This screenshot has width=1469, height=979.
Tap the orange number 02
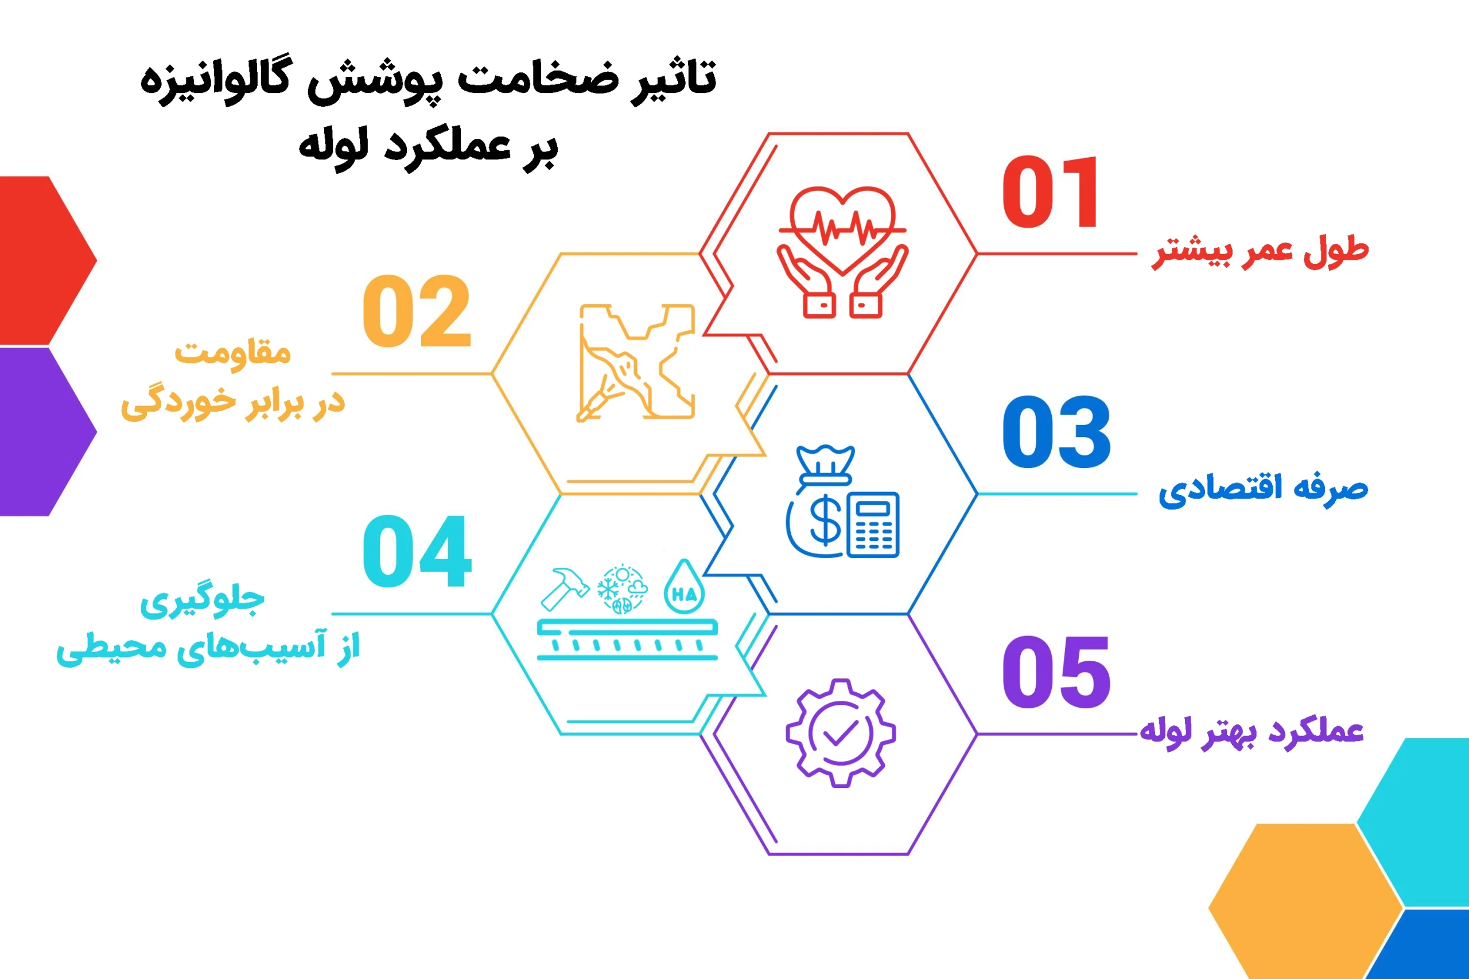[417, 311]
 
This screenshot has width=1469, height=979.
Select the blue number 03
[1056, 432]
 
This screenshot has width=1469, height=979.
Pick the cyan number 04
[417, 552]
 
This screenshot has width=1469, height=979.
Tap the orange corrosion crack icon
[636, 362]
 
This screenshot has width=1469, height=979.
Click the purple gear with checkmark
[841, 732]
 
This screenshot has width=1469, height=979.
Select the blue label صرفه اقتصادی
[1263, 490]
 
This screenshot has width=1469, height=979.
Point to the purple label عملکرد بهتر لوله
[1251, 731]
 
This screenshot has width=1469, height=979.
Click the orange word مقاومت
[232, 352]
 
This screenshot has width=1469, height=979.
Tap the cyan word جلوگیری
[202, 600]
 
